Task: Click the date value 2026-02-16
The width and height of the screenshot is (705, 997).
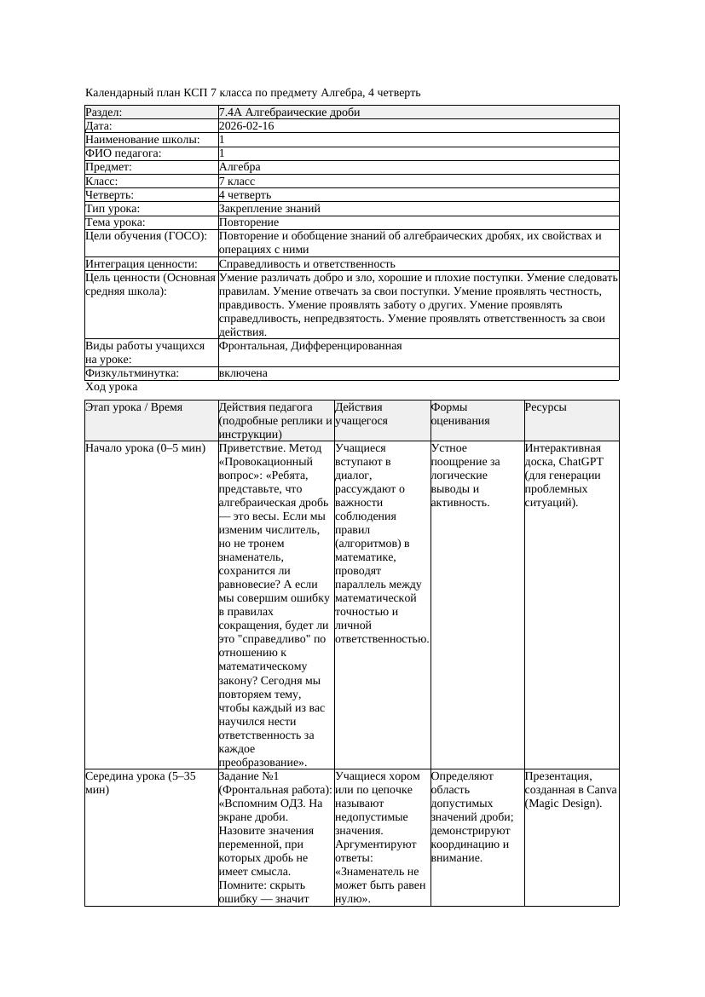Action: click(x=246, y=126)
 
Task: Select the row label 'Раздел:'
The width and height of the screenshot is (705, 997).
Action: click(x=104, y=112)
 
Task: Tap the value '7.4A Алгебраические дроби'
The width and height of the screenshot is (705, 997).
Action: click(x=289, y=112)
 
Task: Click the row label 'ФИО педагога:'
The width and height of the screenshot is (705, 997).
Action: click(x=124, y=153)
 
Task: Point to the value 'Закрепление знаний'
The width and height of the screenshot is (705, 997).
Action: click(x=269, y=208)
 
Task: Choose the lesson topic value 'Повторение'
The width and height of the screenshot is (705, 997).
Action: click(x=248, y=222)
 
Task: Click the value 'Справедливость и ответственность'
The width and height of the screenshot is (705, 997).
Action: click(x=307, y=264)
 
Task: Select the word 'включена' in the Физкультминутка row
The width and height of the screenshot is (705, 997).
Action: click(x=243, y=373)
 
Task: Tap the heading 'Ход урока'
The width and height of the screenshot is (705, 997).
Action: click(x=111, y=387)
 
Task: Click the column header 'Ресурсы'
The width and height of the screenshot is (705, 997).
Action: click(x=546, y=407)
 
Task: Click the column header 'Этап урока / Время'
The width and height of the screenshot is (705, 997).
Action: click(x=134, y=407)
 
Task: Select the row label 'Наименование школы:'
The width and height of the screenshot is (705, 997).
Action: click(x=142, y=140)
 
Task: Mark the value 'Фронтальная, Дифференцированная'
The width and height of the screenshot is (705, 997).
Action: click(x=310, y=346)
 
